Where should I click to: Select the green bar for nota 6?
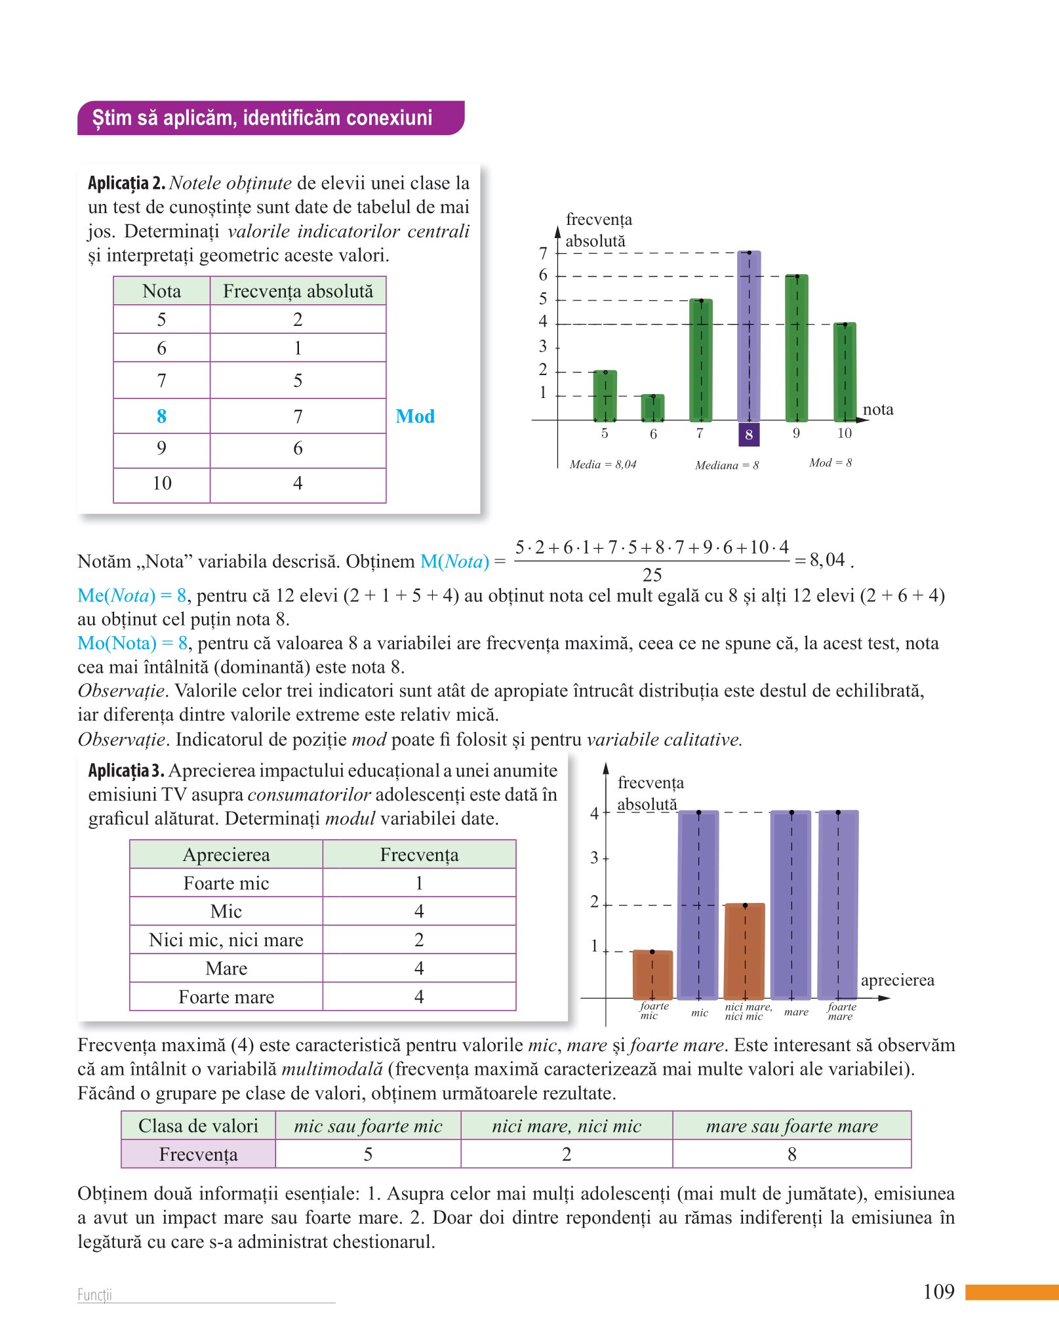652,408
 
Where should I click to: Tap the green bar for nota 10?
845,372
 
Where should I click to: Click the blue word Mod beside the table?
415,416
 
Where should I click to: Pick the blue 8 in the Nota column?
161,416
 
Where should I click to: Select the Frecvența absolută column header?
298,291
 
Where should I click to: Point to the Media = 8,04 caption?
603,464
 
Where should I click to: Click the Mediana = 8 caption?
727,465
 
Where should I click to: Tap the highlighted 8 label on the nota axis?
749,435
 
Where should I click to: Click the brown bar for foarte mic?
652,974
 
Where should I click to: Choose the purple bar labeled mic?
698,905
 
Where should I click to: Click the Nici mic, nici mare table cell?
226,940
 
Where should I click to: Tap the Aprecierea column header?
226,854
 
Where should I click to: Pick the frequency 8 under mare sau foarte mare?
791,1154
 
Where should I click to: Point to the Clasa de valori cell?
198,1126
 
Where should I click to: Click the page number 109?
938,1292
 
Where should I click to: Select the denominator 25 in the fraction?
652,575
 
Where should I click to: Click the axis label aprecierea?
897,980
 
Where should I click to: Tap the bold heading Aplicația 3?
126,771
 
